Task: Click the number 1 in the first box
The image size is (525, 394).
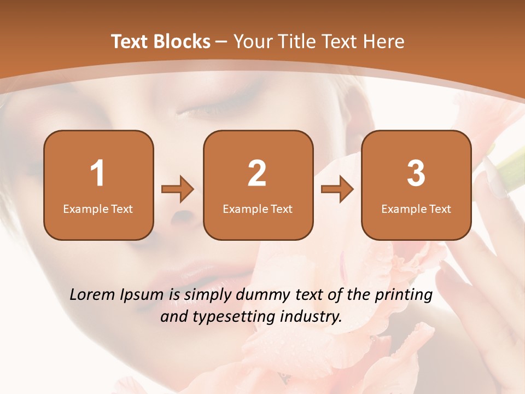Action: coord(98,173)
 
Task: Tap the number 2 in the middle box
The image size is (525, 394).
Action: coord(257,173)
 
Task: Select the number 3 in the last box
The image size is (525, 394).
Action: coord(416,173)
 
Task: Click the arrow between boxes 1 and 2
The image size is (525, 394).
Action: coord(178,189)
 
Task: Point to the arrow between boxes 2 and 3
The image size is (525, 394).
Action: coord(337,189)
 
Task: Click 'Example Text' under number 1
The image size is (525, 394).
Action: coord(98,208)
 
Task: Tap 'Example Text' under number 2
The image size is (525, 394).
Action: coord(258,208)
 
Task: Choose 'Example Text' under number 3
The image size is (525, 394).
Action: coord(416,208)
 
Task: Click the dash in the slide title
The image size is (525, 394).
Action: coord(222,42)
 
